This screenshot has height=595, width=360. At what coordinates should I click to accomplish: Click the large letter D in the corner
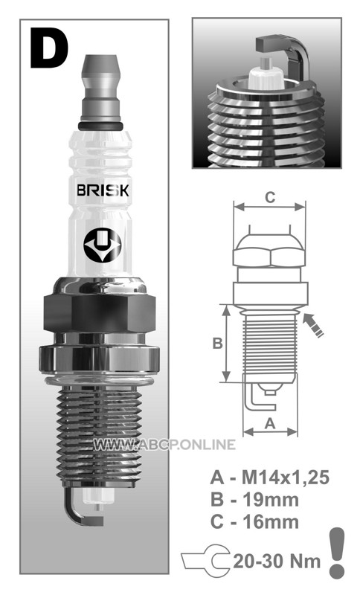click(49, 48)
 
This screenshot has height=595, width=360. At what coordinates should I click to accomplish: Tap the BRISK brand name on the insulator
click(103, 190)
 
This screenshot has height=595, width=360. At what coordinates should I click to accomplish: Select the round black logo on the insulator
click(102, 245)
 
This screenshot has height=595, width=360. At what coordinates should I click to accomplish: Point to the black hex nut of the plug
click(100, 312)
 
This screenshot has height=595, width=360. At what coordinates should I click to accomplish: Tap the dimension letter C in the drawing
click(270, 198)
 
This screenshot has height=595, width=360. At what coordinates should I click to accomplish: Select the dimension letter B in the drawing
click(217, 344)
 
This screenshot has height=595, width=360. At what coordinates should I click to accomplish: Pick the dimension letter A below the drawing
click(270, 423)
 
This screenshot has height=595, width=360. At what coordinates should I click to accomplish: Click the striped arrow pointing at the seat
click(313, 325)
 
